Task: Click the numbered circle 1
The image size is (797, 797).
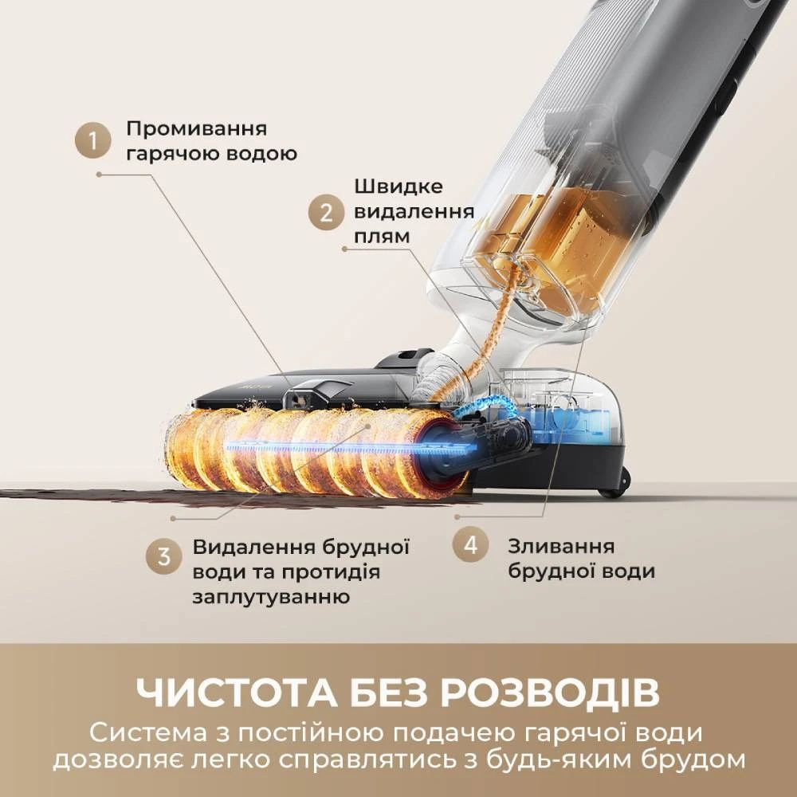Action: (92, 140)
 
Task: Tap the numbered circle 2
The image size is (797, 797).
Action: (326, 213)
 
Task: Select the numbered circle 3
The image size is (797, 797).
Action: (163, 556)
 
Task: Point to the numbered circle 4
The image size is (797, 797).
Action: (471, 544)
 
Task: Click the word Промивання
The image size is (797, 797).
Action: (197, 128)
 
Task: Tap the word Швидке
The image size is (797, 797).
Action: (398, 186)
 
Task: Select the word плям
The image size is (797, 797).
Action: (382, 237)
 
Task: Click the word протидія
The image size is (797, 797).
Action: (331, 572)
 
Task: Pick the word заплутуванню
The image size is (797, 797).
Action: (271, 597)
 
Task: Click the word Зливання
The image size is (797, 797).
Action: (561, 547)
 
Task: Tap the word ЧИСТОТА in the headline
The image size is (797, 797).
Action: (237, 693)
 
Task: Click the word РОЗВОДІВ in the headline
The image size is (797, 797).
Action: (550, 693)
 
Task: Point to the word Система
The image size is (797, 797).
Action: (148, 733)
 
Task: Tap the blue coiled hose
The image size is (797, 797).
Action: (485, 405)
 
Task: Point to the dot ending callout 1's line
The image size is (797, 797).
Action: (99, 174)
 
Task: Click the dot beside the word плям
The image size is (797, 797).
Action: (344, 249)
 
